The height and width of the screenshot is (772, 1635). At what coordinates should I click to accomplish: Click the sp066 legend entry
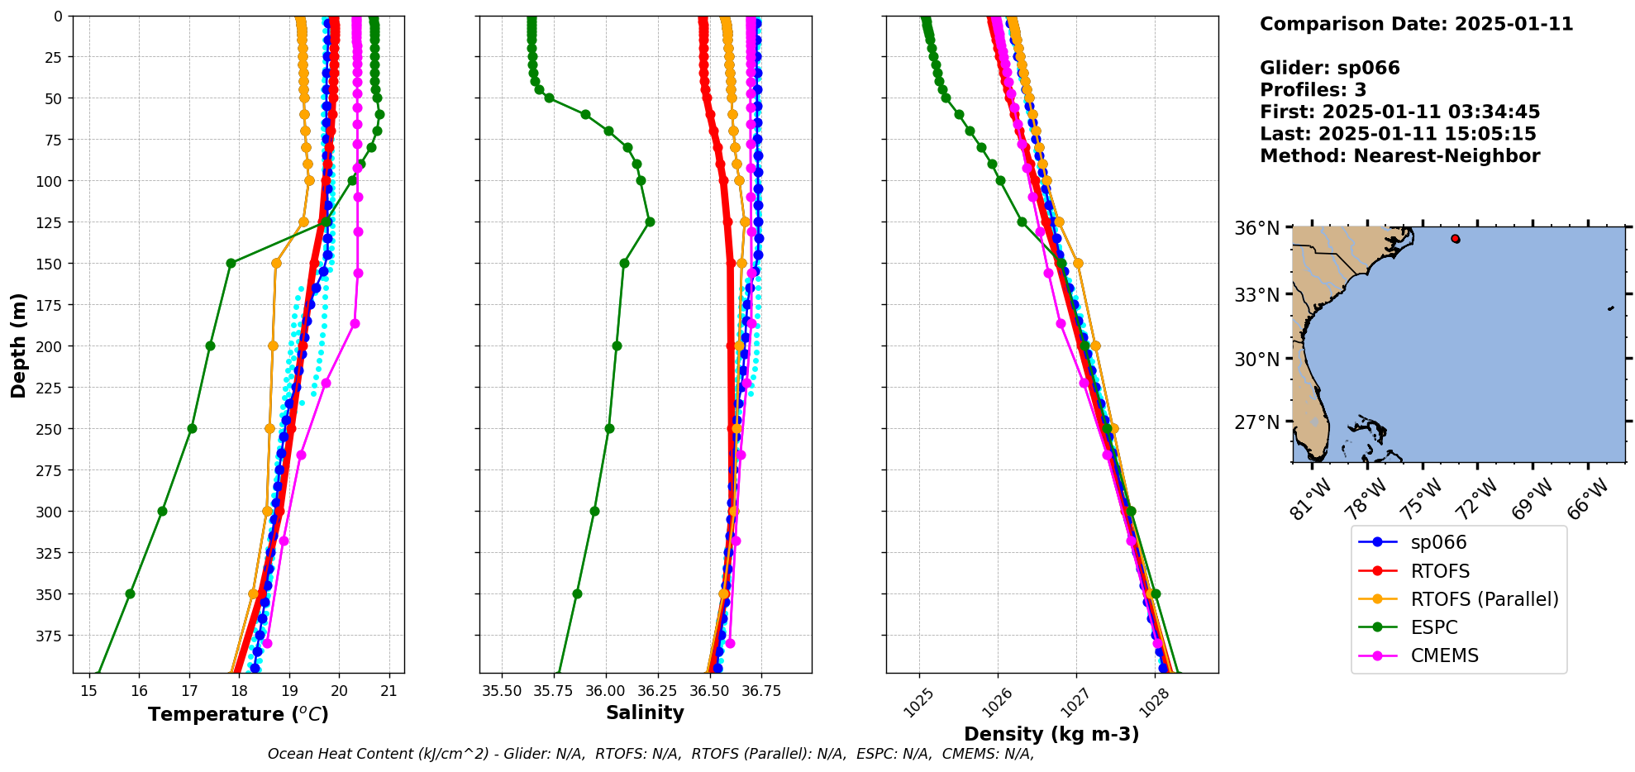[x=1438, y=543]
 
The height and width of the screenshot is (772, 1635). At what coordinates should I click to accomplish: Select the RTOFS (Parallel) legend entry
[x=1484, y=599]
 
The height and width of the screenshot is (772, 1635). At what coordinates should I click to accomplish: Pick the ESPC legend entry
[x=1433, y=627]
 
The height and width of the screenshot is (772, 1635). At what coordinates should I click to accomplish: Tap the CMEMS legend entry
[x=1444, y=655]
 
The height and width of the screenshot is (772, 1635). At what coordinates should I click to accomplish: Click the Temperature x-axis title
[x=238, y=714]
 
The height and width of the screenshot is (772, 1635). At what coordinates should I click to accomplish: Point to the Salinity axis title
[x=645, y=713]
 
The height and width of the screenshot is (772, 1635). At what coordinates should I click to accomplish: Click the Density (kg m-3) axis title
[x=1051, y=734]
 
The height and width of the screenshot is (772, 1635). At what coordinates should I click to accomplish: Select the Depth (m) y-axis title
[x=18, y=345]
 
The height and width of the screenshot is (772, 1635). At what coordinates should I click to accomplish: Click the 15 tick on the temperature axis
[x=89, y=691]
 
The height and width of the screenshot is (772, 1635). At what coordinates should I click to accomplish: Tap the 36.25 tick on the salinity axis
[x=657, y=691]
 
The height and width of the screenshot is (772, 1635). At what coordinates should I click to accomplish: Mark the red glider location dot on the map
[x=1455, y=239]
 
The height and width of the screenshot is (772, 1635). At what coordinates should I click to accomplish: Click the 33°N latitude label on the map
[x=1256, y=295]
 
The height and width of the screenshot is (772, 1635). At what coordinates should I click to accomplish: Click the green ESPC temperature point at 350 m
[x=130, y=593]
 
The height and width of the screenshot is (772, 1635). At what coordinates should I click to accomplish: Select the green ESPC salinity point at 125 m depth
[x=650, y=222]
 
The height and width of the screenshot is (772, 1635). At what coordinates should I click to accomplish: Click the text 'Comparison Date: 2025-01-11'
[x=1416, y=24]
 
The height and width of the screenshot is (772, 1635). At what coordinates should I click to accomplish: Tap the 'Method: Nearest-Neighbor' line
[x=1399, y=156]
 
